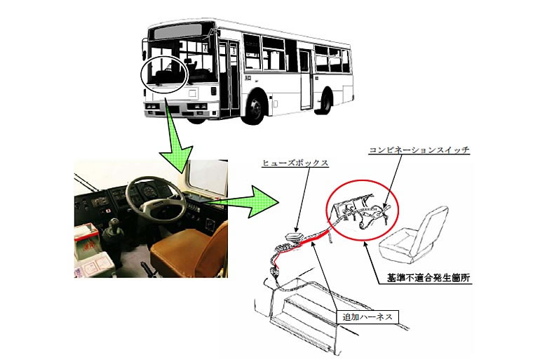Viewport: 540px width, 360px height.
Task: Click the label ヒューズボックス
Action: tap(295, 163)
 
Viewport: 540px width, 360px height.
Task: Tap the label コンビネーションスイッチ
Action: tap(419, 150)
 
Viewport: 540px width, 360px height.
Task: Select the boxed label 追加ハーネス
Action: tap(367, 316)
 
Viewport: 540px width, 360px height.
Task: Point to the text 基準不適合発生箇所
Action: tap(428, 278)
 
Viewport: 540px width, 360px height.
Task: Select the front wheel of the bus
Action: tap(255, 107)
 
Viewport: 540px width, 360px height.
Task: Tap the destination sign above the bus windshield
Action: tap(177, 32)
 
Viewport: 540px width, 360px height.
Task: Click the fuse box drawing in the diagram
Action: tap(294, 237)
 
